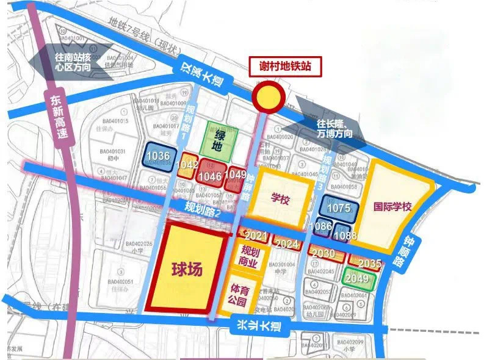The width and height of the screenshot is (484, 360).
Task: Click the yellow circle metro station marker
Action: [x=267, y=97]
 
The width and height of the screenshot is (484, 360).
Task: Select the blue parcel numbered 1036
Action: [x=156, y=156]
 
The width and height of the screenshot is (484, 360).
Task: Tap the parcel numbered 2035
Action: [x=369, y=264]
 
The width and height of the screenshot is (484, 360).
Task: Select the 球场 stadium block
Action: [x=186, y=267]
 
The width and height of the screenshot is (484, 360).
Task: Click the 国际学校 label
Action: [x=394, y=206]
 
